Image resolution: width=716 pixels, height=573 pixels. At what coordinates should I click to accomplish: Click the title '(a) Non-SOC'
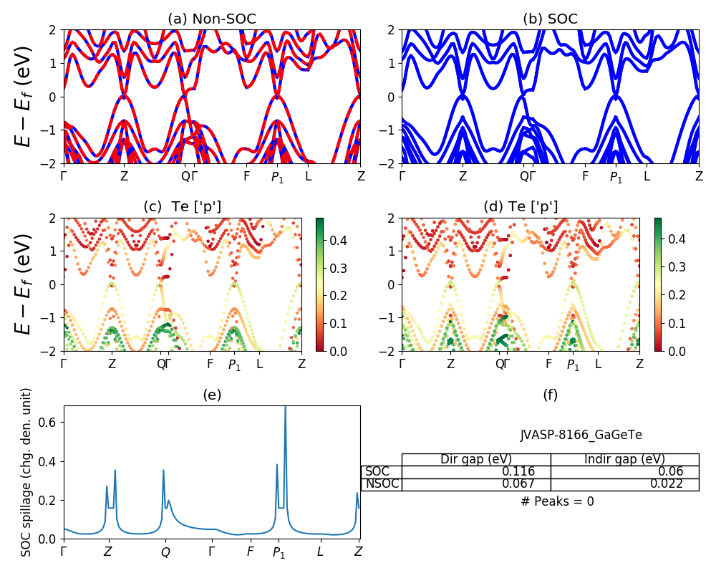[x=212, y=19]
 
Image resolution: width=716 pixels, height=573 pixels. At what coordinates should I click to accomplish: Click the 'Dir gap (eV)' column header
[x=476, y=459]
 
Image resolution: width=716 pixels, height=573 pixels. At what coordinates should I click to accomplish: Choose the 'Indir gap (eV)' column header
[x=624, y=459]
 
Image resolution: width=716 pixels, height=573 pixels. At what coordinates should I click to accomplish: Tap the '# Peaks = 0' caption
[x=557, y=501]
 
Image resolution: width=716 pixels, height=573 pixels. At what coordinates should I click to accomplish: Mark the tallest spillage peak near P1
[x=285, y=408]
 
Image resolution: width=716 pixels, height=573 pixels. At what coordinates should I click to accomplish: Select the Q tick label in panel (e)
[x=165, y=552]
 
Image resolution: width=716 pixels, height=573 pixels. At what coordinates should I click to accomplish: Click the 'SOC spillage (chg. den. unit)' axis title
[x=26, y=472]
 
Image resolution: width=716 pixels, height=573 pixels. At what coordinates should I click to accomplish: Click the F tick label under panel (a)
[x=246, y=176]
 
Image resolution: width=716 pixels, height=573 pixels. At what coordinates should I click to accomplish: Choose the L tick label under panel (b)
[x=647, y=176]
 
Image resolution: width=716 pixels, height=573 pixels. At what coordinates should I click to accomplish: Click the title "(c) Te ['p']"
[x=183, y=207]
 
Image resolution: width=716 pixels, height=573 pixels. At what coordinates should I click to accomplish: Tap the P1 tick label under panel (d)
[x=573, y=365]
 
